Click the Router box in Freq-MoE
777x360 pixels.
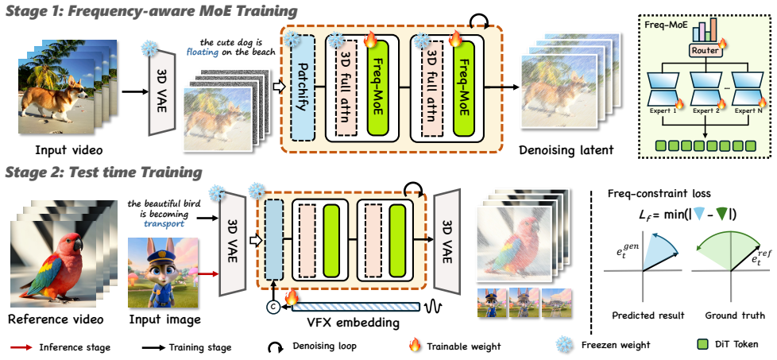point(703,50)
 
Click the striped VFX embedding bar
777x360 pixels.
point(356,308)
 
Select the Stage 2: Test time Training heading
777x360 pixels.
point(102,172)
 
